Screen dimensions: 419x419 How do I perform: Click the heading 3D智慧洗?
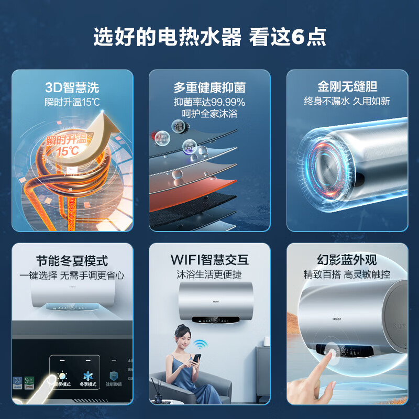click(72, 87)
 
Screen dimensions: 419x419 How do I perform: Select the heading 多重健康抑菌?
click(210, 87)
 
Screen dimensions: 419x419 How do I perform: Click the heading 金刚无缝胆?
click(347, 86)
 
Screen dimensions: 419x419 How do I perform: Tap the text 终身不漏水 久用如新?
click(347, 102)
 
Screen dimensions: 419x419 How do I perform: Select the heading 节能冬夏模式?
click(72, 260)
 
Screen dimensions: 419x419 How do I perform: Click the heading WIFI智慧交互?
click(210, 260)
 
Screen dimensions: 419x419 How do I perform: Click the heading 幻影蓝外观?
click(347, 260)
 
